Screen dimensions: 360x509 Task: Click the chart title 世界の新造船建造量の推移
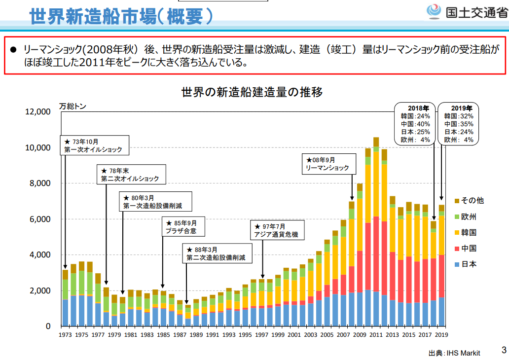[x=252, y=92]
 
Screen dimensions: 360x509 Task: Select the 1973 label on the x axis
[x=65, y=334]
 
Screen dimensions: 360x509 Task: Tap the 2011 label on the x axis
[x=376, y=334]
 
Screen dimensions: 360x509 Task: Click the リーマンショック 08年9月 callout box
[x=327, y=164]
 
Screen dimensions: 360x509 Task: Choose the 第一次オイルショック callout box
[x=92, y=145]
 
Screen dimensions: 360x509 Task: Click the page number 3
[x=504, y=351]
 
